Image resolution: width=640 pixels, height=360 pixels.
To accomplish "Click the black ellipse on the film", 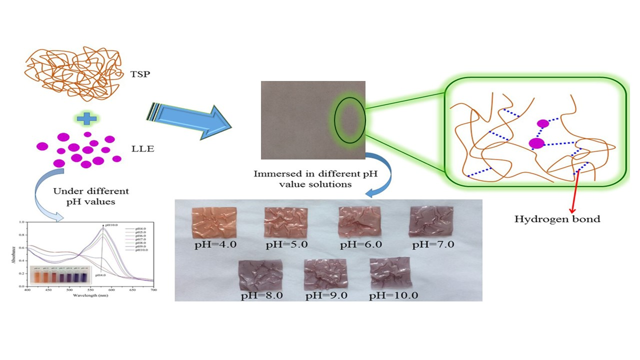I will coord(350,120).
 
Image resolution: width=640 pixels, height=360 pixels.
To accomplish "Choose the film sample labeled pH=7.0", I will coord(431,223).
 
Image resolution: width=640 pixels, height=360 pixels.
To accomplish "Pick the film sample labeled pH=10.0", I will coord(390,273).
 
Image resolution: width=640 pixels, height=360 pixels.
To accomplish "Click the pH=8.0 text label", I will coord(261,295).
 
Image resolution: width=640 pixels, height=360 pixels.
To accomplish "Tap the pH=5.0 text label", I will coord(285,245).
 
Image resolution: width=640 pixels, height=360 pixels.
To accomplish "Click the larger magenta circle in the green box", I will coord(536,143).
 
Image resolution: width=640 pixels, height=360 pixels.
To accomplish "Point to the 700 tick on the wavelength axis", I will coord(153,290).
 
